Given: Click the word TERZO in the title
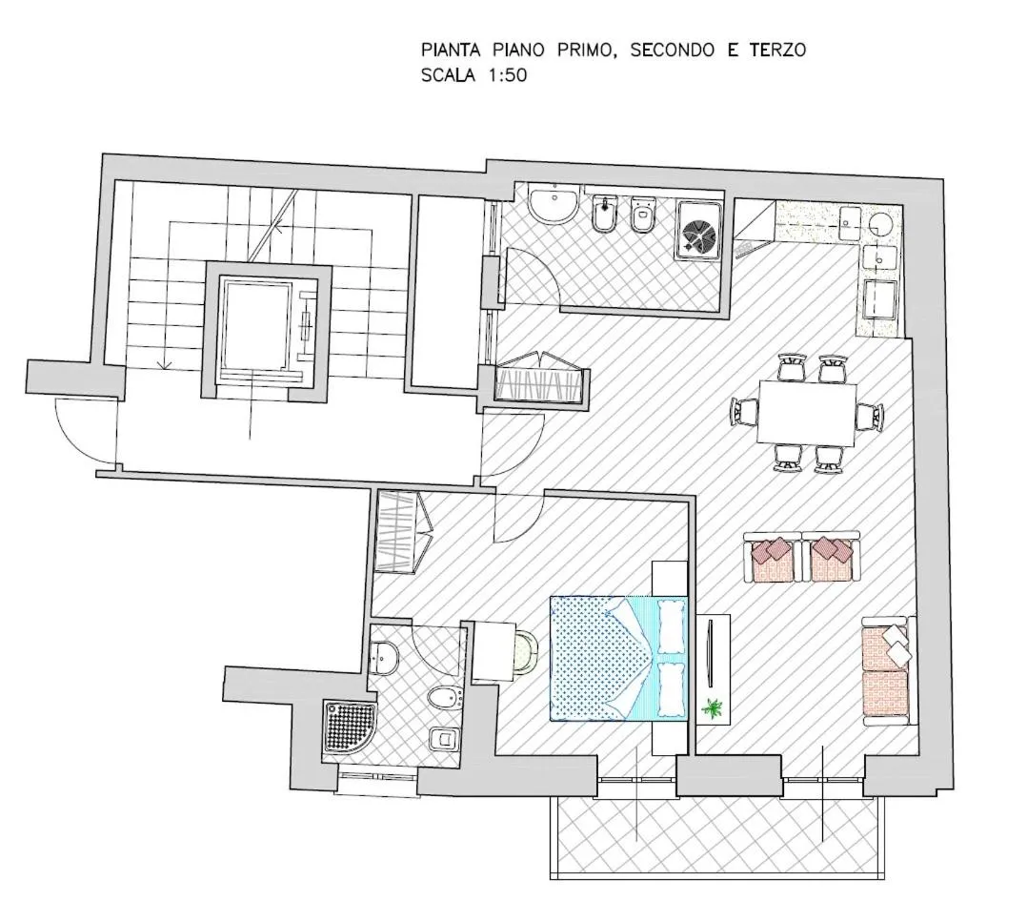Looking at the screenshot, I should [x=774, y=50].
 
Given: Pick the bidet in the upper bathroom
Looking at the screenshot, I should [x=602, y=216].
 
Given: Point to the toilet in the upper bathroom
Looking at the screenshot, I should [x=644, y=215].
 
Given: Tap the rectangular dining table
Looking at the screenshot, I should [x=807, y=412].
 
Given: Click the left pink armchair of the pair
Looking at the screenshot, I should [x=773, y=557].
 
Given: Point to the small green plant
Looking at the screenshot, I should [x=712, y=707].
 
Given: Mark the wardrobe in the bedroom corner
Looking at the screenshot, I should [x=401, y=531].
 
